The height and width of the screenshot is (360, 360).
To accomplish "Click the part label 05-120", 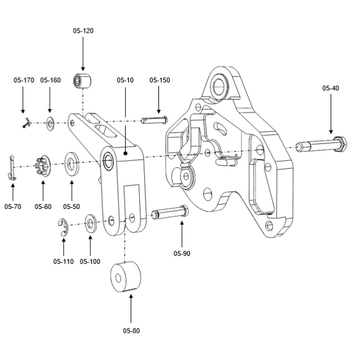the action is click(x=83, y=31).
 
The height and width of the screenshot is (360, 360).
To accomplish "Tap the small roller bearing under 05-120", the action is click(x=82, y=81).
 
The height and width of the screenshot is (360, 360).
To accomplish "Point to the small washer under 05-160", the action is click(x=50, y=123).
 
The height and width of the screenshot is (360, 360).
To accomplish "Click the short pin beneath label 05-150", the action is click(x=154, y=120).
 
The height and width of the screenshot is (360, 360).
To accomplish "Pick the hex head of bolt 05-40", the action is click(x=340, y=144).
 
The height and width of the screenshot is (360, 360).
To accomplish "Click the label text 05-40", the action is click(x=330, y=88).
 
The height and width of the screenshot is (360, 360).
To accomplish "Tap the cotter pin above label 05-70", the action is click(x=12, y=168).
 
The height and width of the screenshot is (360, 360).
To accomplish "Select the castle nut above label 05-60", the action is click(x=43, y=166).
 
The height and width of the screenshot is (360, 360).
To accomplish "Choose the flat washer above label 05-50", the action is click(x=72, y=163).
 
